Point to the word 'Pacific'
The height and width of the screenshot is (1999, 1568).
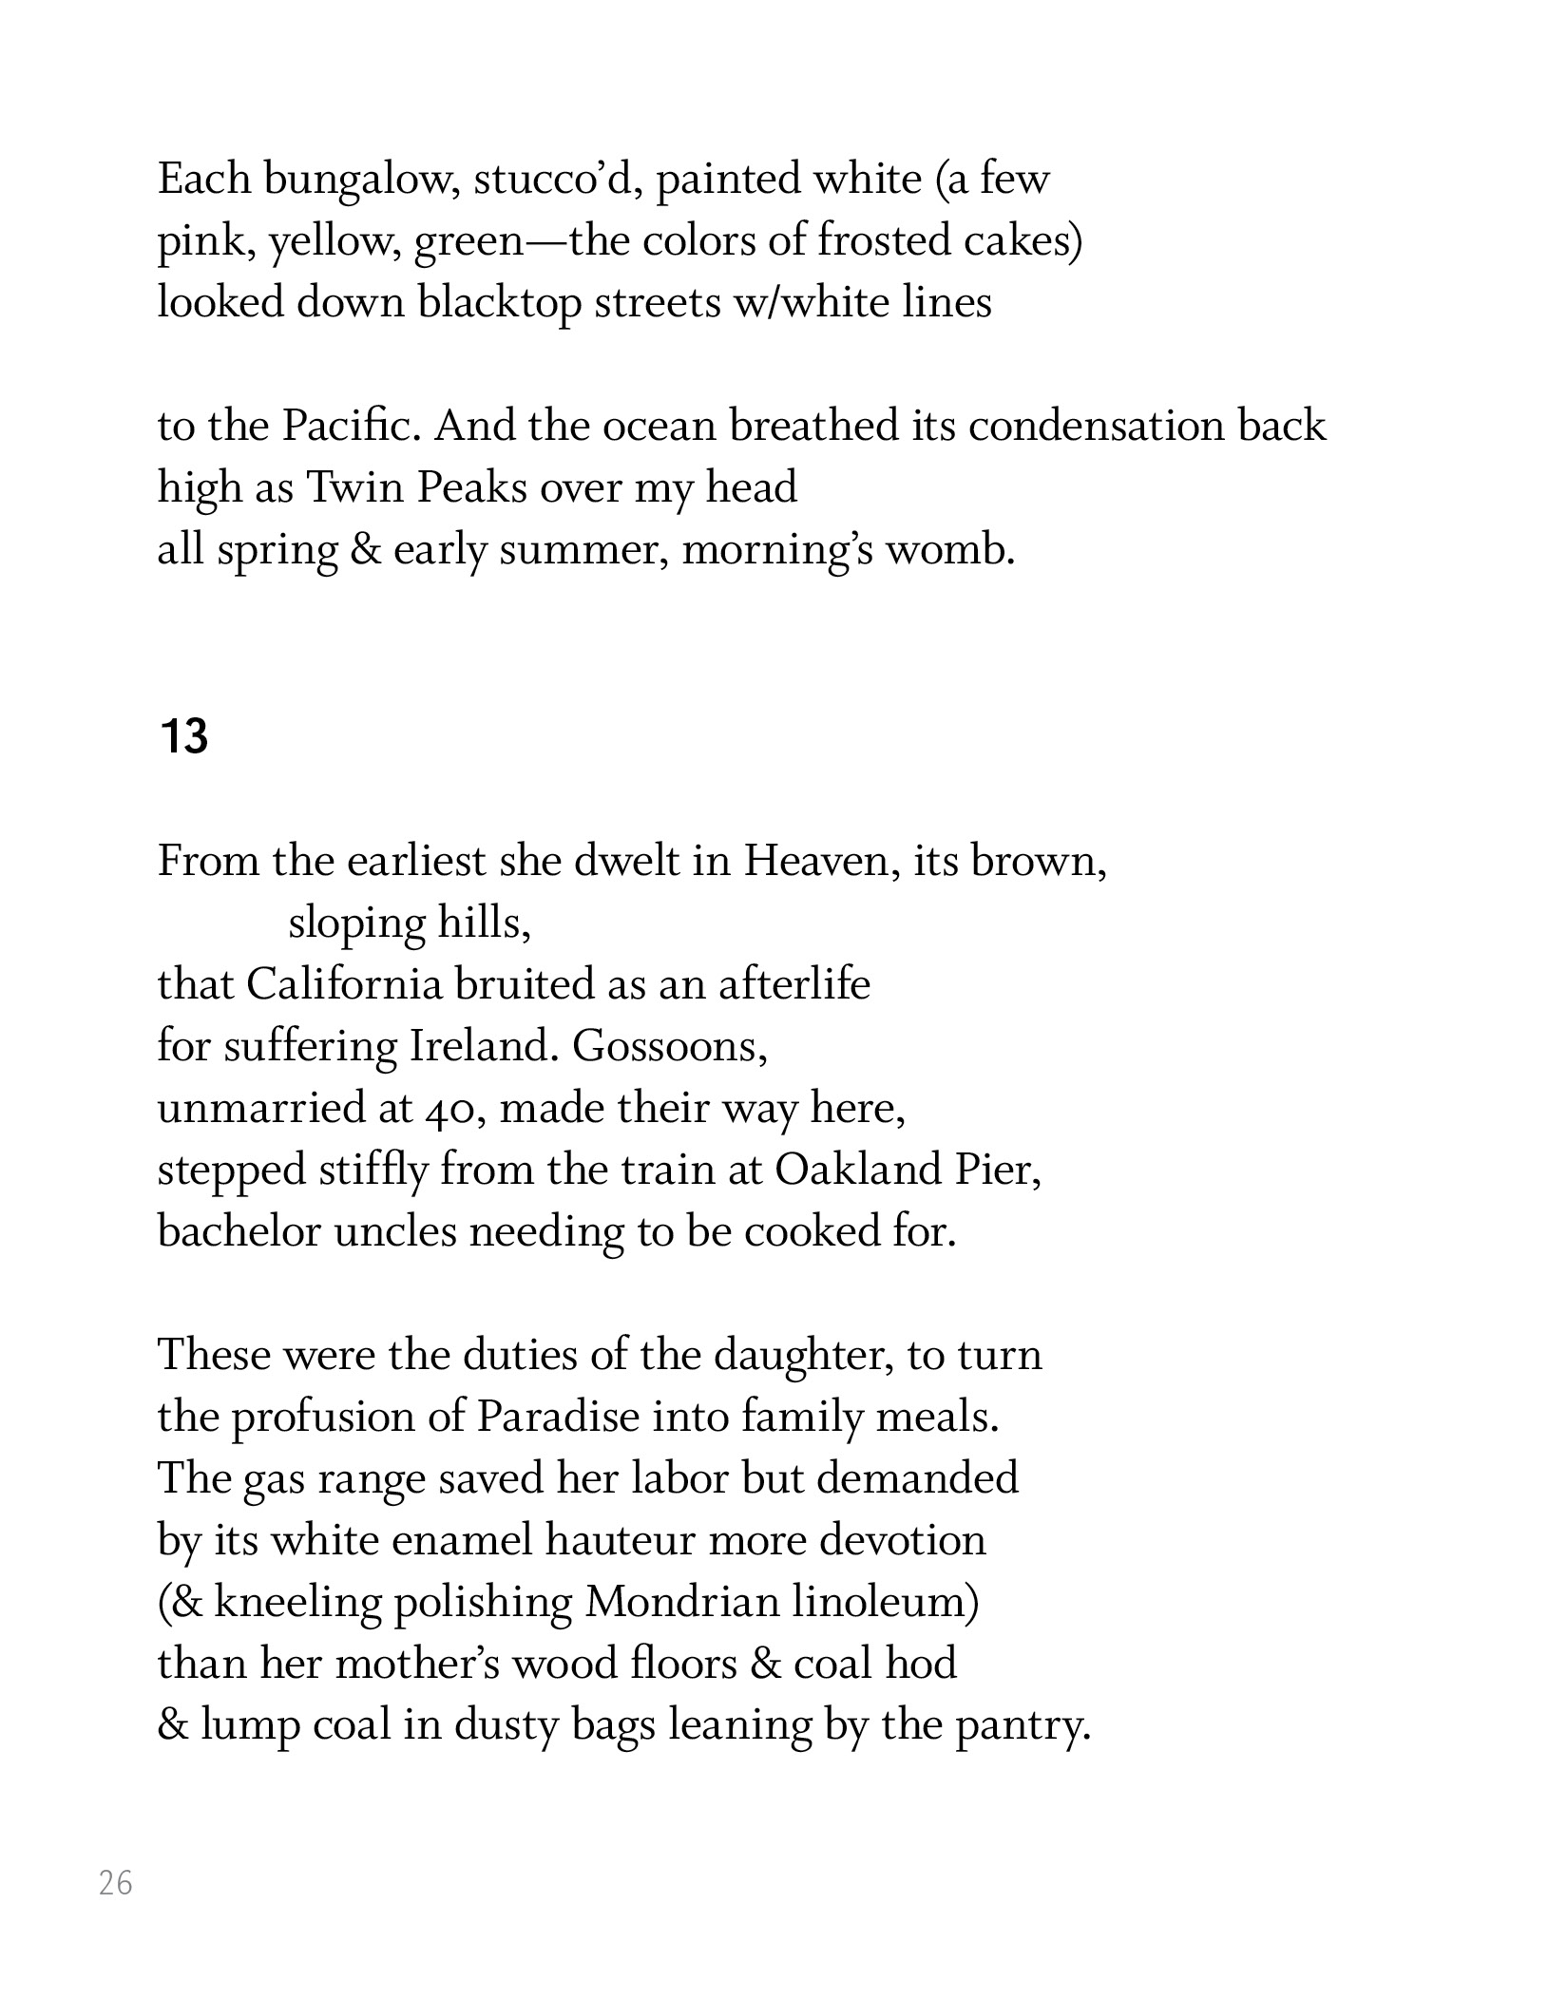coord(351,426)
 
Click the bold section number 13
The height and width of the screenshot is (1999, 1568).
coord(184,736)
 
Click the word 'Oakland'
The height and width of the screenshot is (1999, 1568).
coord(857,1170)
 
